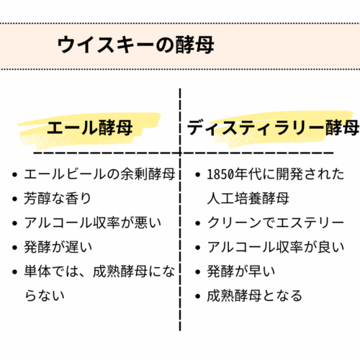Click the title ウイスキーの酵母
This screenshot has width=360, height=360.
(136, 45)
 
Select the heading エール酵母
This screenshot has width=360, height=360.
(90, 127)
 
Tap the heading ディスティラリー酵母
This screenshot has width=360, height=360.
(273, 127)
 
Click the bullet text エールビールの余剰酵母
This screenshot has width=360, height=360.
(99, 174)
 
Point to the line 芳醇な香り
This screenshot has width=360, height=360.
(58, 199)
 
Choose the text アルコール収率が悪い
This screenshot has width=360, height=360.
(93, 222)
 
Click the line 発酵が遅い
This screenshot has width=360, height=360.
(58, 247)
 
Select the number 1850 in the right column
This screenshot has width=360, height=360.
(220, 174)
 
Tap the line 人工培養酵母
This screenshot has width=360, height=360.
(248, 199)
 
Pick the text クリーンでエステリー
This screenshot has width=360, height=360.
(276, 222)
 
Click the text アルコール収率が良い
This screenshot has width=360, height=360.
(276, 247)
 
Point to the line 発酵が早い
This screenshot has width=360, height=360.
(241, 271)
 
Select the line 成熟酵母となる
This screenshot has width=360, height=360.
(255, 296)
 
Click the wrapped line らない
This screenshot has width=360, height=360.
(45, 296)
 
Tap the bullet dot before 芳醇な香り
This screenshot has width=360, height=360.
(15, 199)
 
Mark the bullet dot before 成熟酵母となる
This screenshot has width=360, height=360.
(198, 296)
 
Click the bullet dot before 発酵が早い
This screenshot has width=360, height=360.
(198, 272)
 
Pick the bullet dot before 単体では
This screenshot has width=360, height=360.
(15, 272)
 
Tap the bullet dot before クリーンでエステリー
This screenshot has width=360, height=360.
(198, 223)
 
